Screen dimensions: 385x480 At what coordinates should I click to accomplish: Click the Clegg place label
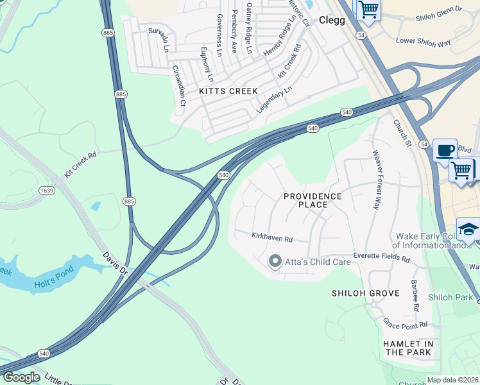pyautogui.click(x=332, y=20)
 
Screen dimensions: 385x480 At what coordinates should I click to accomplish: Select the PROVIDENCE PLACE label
pyautogui.click(x=313, y=200)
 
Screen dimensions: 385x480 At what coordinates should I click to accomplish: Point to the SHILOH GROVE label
pyautogui.click(x=365, y=293)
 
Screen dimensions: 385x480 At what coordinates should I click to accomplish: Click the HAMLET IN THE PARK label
pyautogui.click(x=408, y=348)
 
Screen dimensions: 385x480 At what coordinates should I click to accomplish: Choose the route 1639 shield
pyautogui.click(x=46, y=190)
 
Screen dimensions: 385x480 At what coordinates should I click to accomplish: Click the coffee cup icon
pyautogui.click(x=445, y=151)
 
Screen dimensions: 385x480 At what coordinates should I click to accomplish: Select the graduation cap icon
pyautogui.click(x=468, y=229)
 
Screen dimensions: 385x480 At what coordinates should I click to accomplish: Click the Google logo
pyautogui.click(x=21, y=377)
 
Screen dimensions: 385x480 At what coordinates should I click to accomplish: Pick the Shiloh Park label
pyautogui.click(x=450, y=297)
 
